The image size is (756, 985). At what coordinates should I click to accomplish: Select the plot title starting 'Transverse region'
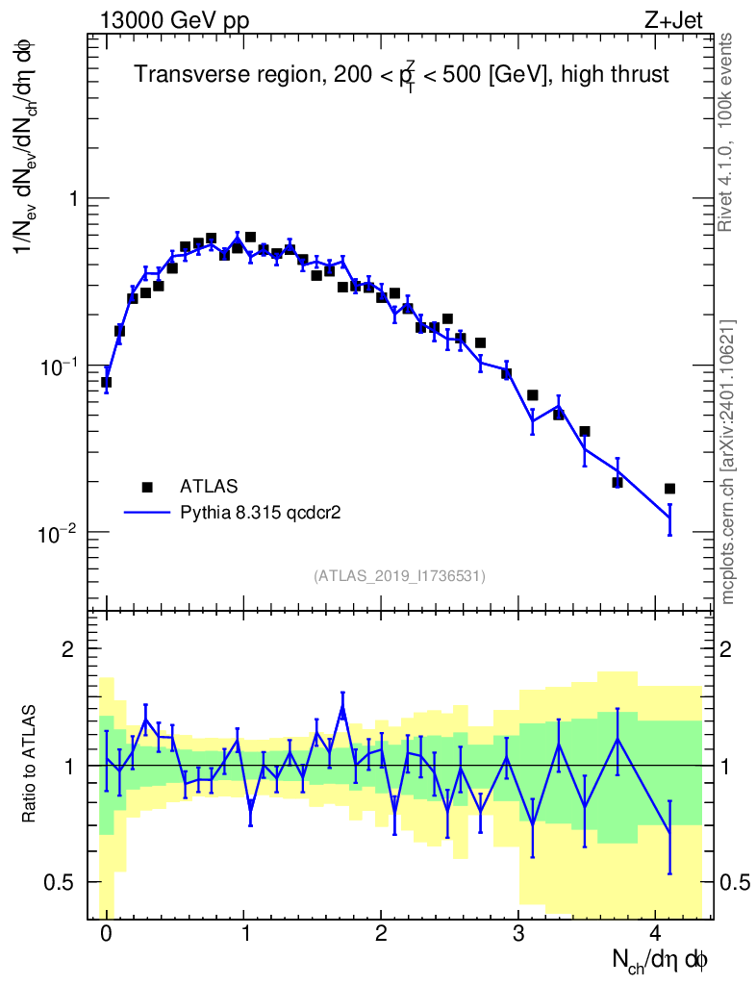[401, 75]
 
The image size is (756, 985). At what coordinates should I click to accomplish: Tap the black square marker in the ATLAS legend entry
[146, 487]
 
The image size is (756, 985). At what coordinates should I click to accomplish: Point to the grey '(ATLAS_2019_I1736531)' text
[399, 576]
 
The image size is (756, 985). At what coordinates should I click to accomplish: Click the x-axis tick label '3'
[518, 936]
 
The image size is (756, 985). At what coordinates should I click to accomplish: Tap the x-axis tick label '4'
[656, 936]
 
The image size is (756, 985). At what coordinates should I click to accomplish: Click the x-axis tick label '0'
[106, 936]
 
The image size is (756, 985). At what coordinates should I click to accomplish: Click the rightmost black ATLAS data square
[669, 489]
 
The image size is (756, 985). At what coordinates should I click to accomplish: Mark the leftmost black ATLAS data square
[106, 382]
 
